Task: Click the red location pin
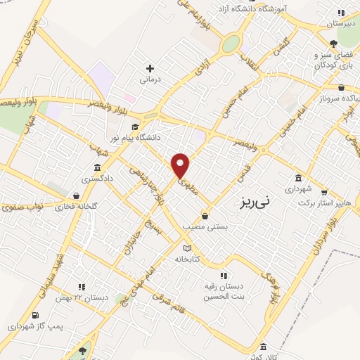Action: coord(181,166)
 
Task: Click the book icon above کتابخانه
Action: coord(186,247)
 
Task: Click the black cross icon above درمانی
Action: coord(149,68)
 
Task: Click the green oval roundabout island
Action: coord(230,44)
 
